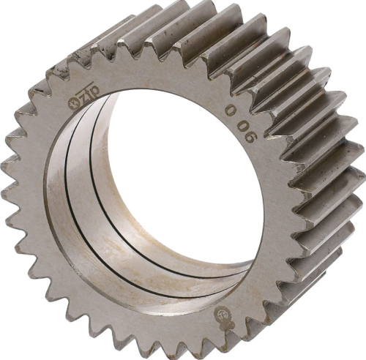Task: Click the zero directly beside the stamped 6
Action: click(x=247, y=127)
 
